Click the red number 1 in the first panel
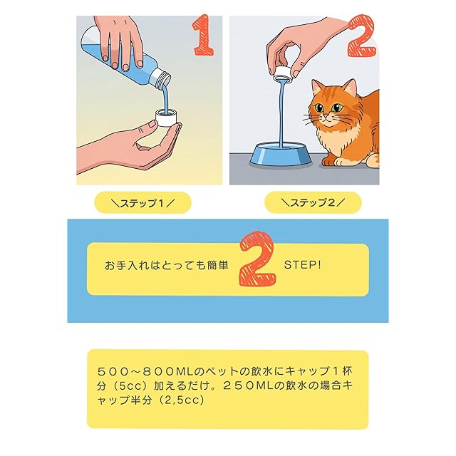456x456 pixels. (x=204, y=35)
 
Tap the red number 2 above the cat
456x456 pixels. (x=361, y=36)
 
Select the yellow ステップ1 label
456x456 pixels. (x=142, y=202)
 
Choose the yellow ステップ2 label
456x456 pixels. (x=313, y=202)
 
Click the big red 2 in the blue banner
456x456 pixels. (x=257, y=259)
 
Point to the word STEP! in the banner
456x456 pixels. (x=302, y=265)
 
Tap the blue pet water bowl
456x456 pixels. (x=281, y=155)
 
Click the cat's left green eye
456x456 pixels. (x=318, y=108)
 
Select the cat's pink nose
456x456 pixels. (x=326, y=117)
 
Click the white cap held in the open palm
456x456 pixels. (x=166, y=118)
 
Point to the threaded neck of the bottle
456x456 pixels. (x=162, y=78)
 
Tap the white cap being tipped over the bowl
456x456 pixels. (x=283, y=73)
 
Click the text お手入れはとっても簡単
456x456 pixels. (x=167, y=265)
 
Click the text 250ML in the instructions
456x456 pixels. (x=248, y=386)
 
